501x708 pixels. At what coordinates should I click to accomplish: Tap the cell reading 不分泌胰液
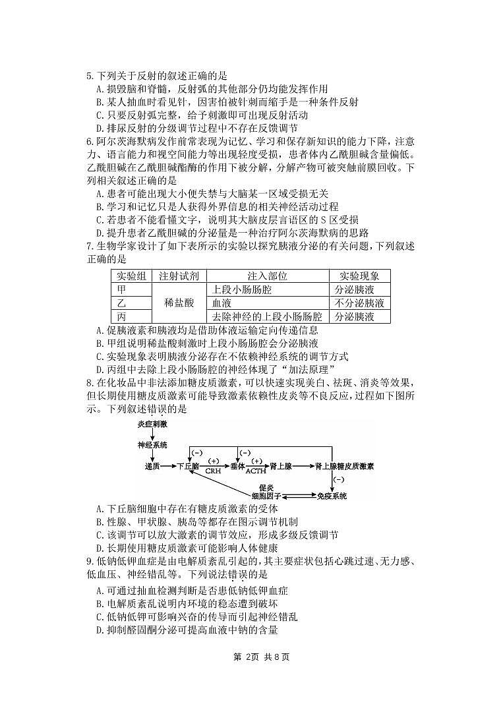(x=359, y=303)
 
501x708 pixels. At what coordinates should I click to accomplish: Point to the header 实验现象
(x=359, y=276)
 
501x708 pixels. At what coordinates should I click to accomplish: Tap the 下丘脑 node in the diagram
(x=189, y=465)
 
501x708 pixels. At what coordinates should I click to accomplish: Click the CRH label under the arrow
(x=212, y=472)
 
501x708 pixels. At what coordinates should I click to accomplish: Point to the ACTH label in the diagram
(x=256, y=472)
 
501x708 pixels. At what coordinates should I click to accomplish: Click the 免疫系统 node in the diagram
(x=332, y=496)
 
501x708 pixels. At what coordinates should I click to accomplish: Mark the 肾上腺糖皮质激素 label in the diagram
(x=344, y=465)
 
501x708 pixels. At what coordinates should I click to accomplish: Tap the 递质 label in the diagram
(x=152, y=465)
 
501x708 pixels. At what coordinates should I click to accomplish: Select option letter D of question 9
(x=99, y=630)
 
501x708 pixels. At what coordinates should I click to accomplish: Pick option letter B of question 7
(x=99, y=343)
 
